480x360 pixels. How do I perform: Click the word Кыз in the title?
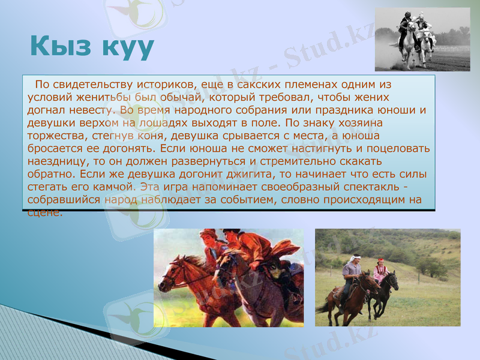(x=63, y=46)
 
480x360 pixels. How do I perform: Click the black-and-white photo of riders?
(x=422, y=39)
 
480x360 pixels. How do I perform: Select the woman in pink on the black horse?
(x=380, y=271)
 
